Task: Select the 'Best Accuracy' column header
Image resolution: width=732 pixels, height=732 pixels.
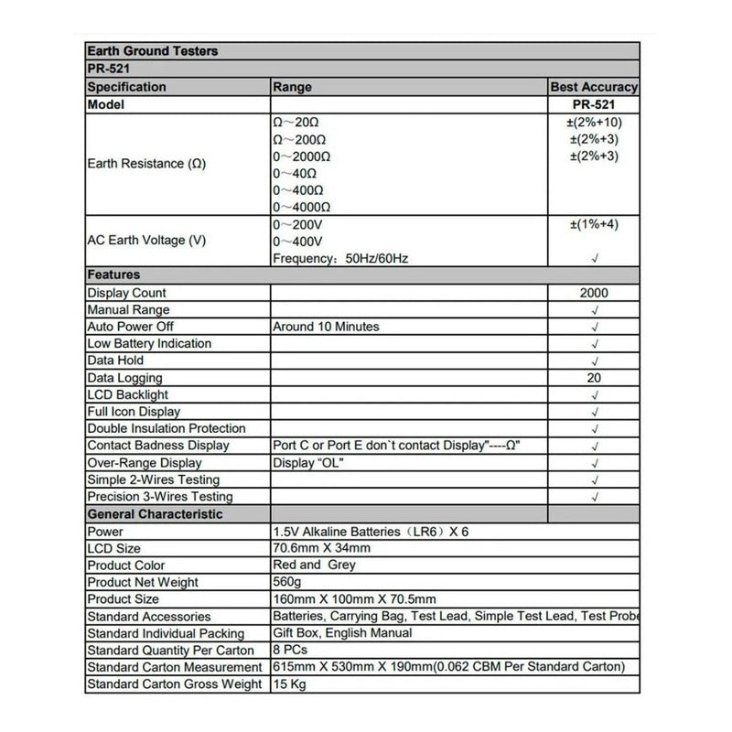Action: point(594,87)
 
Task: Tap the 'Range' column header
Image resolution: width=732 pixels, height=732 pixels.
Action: point(292,87)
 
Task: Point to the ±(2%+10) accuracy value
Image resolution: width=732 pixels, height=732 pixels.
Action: point(594,122)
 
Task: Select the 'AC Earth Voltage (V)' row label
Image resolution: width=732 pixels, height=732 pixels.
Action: point(146,241)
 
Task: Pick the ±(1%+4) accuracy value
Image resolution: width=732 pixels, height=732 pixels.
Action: point(594,224)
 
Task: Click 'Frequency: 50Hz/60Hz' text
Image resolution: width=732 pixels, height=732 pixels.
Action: point(340,258)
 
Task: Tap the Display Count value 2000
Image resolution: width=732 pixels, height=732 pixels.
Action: point(594,293)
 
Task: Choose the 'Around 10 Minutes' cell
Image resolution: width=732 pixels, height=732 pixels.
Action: point(326,327)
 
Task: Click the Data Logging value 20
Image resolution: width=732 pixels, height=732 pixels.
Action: point(594,378)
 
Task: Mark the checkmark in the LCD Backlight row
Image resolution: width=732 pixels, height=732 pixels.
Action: point(595,395)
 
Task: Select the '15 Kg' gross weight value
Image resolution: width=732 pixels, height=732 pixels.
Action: point(291,684)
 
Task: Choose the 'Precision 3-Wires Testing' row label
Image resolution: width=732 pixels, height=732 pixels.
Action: point(159,497)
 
